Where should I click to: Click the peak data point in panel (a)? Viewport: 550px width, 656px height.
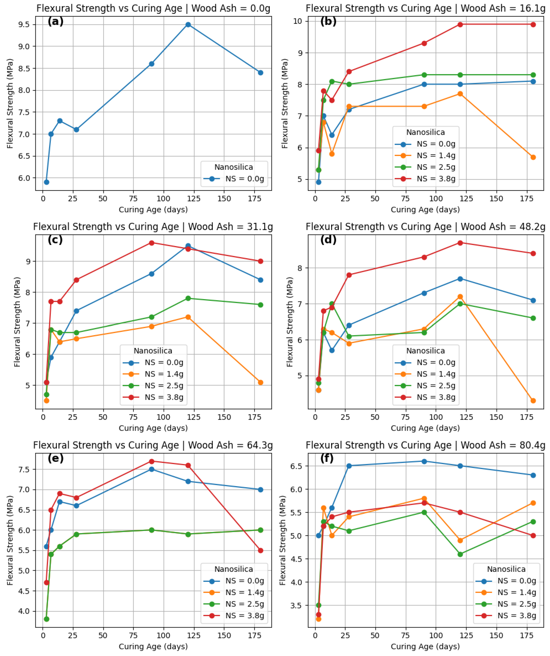click(x=188, y=25)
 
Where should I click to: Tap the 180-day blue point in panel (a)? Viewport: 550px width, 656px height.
click(x=260, y=73)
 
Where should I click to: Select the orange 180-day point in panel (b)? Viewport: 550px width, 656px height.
click(x=533, y=157)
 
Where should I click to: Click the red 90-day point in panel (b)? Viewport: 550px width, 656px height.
click(x=424, y=43)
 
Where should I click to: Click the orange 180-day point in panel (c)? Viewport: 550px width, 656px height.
click(x=260, y=382)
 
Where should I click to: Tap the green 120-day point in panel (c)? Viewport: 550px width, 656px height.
click(x=188, y=298)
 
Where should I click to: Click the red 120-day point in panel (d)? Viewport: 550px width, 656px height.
click(x=460, y=243)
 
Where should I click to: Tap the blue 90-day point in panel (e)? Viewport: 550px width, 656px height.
click(x=152, y=469)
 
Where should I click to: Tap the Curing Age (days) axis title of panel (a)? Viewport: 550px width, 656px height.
click(x=153, y=210)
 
